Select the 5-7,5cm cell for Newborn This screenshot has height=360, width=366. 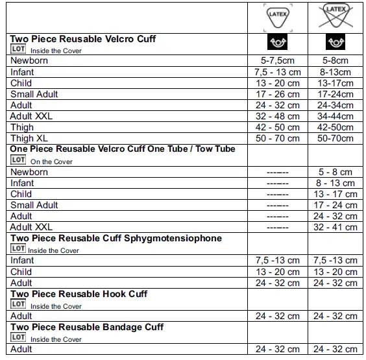click(x=277, y=61)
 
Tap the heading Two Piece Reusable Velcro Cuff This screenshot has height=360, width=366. click(x=83, y=39)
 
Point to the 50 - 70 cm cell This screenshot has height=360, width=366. click(x=277, y=138)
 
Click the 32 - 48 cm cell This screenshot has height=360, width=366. click(x=277, y=116)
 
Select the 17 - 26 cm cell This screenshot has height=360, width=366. click(x=277, y=94)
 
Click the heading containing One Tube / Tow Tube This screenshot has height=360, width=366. click(x=123, y=149)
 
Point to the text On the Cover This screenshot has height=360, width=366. click(x=51, y=162)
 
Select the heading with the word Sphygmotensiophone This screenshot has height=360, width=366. click(x=116, y=238)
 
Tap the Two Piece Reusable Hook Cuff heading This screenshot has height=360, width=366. click(x=79, y=294)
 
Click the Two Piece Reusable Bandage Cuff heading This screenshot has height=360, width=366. click(x=87, y=327)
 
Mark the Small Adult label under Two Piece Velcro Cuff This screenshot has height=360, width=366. click(x=34, y=94)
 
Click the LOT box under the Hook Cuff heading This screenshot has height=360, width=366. click(x=18, y=305)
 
